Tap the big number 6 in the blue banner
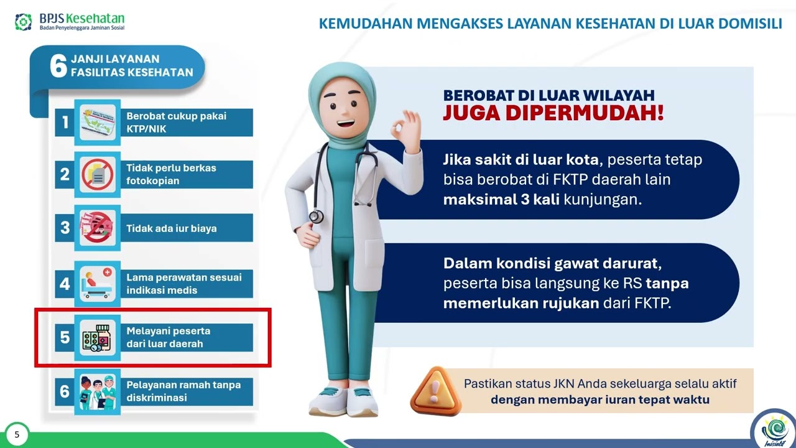click(58, 65)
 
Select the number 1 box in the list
click(64, 123)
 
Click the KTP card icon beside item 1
click(98, 123)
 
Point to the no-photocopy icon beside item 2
click(98, 175)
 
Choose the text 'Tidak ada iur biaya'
click(172, 228)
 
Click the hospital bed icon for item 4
click(98, 284)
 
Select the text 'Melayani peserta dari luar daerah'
click(168, 337)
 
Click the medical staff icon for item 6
click(98, 391)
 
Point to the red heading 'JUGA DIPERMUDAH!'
click(553, 114)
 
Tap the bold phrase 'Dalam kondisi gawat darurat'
click(557, 263)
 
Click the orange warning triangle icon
click(435, 391)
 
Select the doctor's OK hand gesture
click(405, 127)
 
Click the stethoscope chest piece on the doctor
click(317, 217)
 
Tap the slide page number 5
click(17, 435)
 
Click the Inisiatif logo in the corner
click(774, 429)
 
